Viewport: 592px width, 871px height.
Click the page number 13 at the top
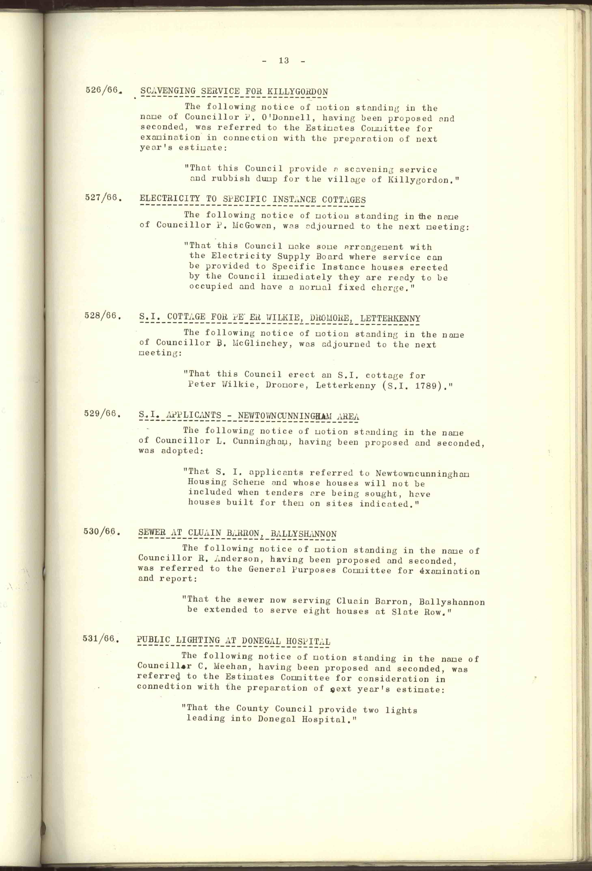click(284, 61)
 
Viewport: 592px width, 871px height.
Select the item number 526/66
click(102, 90)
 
